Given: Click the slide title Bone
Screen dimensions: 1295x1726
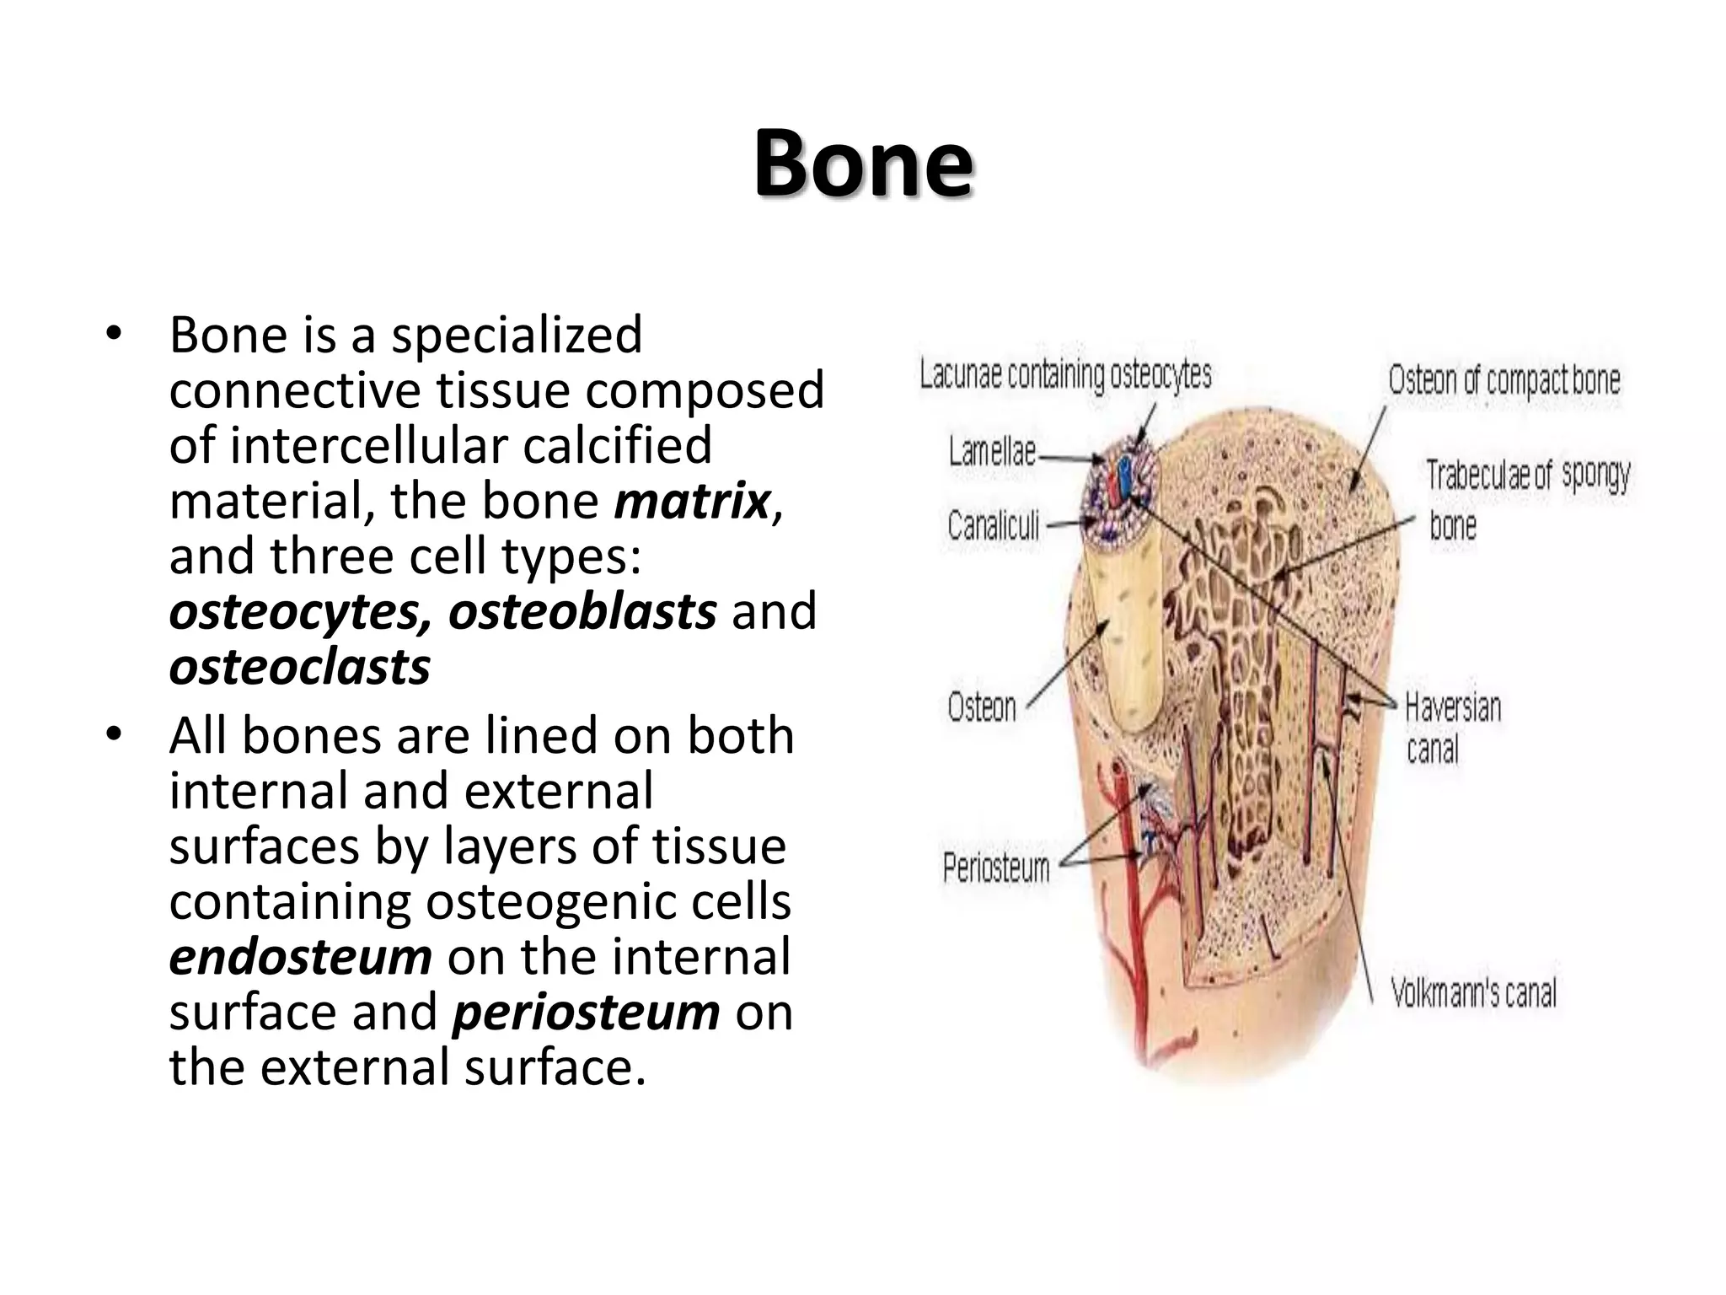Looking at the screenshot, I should coord(863,164).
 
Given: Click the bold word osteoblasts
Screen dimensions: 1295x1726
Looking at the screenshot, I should coord(582,612).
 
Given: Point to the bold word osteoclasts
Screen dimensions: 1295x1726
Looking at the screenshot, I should coord(299,668).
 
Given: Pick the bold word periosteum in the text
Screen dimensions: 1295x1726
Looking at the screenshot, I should coord(587,1013).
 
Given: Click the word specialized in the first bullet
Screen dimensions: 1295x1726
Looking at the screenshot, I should coord(517,336).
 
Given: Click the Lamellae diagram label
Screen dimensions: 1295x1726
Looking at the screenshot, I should coord(992,453).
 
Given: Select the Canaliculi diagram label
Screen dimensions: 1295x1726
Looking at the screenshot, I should coord(993,526).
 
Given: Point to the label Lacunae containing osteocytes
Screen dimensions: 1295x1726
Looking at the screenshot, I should coord(1065,375).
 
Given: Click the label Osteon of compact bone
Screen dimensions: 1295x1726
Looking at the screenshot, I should coord(1504,380).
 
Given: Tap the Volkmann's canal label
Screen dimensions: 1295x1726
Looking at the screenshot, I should coord(1473,993).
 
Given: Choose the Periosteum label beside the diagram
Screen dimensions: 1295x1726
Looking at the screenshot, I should coord(996,868).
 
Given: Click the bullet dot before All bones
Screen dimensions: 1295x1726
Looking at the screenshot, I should coord(114,735).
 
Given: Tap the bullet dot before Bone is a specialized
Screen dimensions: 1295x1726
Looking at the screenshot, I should coord(114,335).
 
